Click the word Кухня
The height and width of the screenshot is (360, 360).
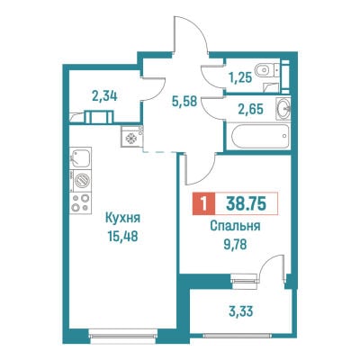(122, 219)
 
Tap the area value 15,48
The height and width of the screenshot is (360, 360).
(122, 237)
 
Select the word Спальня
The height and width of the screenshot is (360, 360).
(235, 227)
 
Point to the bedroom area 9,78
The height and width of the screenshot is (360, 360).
(235, 245)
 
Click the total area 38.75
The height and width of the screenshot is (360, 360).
(246, 204)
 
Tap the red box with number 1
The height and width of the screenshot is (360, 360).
(204, 204)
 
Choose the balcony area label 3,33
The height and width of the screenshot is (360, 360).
(240, 311)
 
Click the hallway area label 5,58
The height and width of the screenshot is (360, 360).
(184, 102)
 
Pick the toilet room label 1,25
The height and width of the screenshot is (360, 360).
(239, 78)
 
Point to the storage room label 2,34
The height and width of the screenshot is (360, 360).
(104, 96)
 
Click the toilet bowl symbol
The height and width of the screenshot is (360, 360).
(265, 71)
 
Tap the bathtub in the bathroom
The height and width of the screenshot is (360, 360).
(258, 137)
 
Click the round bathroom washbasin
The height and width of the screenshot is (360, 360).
(283, 108)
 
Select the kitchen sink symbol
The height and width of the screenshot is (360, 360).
(80, 157)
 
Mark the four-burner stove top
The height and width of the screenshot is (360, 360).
(80, 203)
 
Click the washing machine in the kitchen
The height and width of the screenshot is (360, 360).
(80, 181)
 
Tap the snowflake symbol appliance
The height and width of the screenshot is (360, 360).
(131, 138)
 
